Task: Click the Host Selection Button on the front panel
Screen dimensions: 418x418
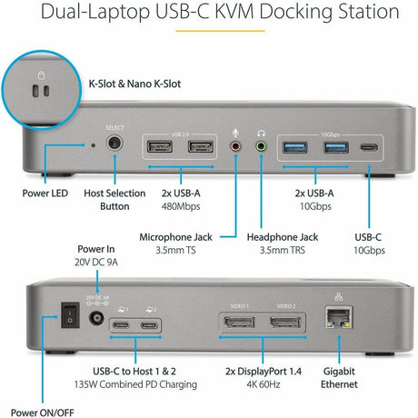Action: [x=115, y=143]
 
